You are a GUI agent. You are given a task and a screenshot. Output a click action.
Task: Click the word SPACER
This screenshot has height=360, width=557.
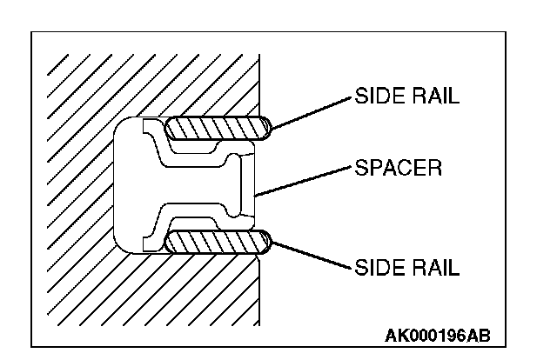click(x=398, y=167)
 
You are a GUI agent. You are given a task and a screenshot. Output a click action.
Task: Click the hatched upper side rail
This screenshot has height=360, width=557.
click(x=218, y=128)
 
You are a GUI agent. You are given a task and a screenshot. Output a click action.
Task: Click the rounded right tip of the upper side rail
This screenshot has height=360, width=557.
click(x=266, y=129)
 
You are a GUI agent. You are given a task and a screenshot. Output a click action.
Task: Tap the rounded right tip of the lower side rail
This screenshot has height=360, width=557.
click(x=266, y=242)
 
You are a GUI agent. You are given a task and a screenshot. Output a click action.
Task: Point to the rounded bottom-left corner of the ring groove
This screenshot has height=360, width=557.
click(x=121, y=246)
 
